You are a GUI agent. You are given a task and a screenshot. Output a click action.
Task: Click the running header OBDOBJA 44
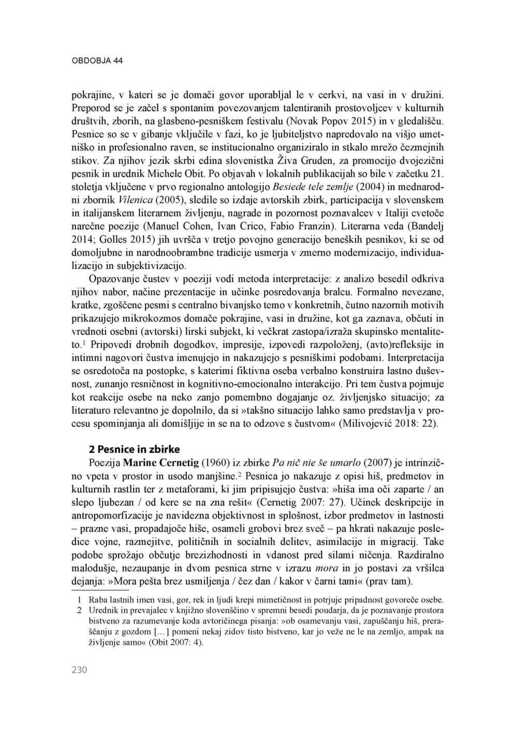click(97, 61)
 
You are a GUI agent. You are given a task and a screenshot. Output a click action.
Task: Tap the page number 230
click(79, 670)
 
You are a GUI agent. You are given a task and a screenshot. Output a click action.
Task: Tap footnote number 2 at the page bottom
click(79, 610)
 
